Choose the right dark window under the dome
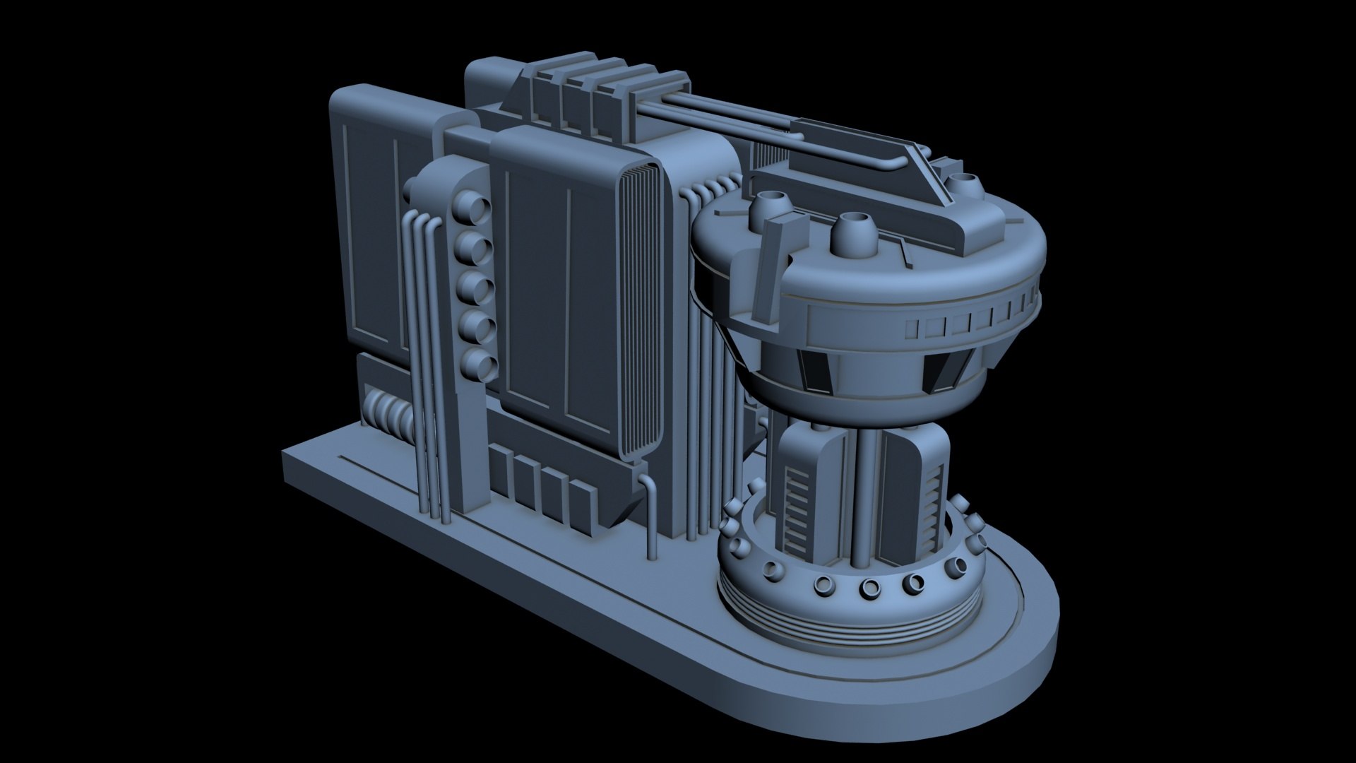coord(944,369)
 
